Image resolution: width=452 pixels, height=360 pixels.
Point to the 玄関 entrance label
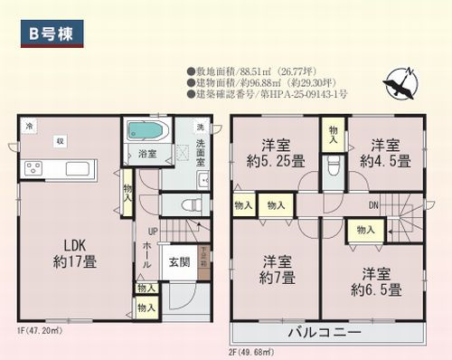tap(179, 263)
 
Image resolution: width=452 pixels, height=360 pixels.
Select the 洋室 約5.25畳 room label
tap(275, 153)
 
